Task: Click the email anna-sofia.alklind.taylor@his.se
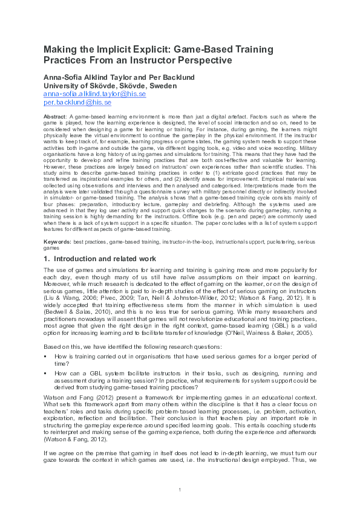tap(95, 94)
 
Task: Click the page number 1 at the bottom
tap(180, 488)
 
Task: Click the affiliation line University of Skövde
tap(110, 86)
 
